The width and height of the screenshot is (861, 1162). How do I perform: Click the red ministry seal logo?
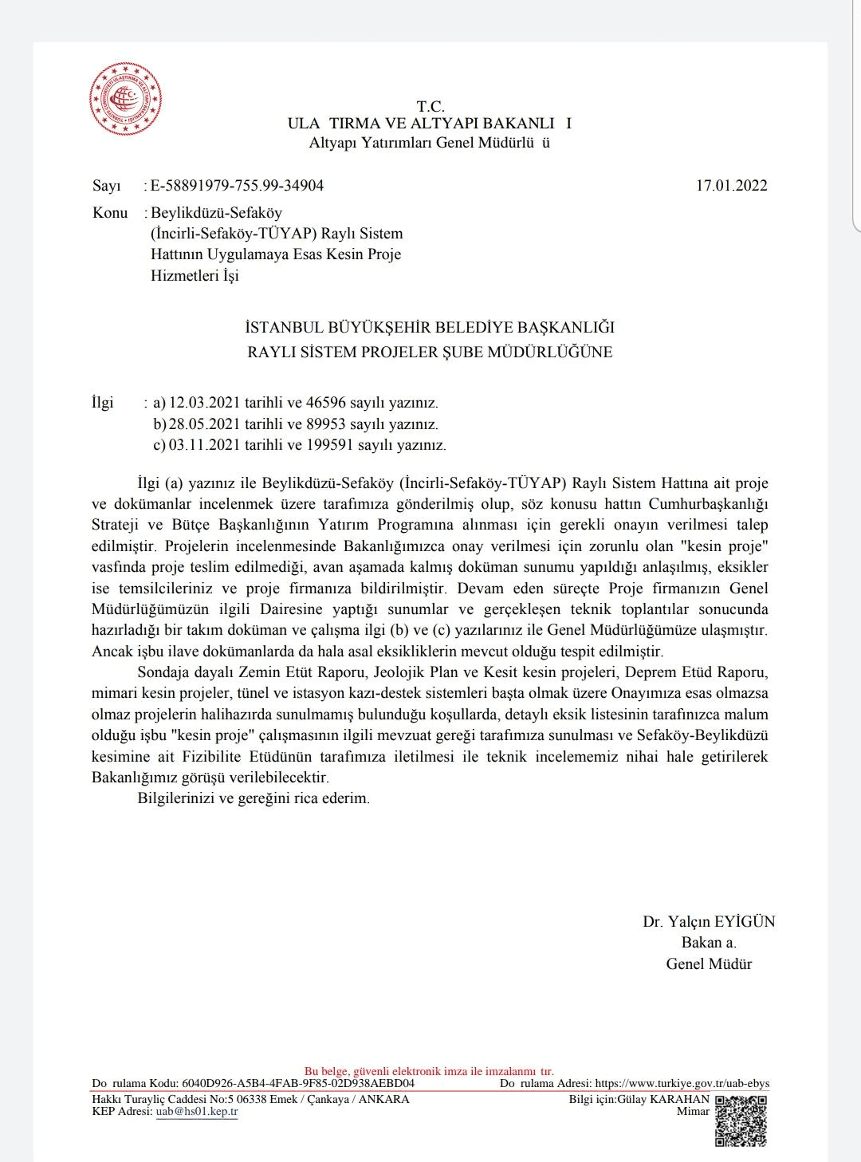pos(125,99)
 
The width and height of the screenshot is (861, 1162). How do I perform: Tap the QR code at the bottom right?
pos(741,1120)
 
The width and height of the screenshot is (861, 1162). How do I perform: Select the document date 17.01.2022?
pos(731,186)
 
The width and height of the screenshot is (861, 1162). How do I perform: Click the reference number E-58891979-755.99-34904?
pos(237,186)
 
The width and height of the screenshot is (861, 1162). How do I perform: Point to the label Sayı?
pos(107,186)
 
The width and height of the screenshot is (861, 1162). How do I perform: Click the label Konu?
pos(110,212)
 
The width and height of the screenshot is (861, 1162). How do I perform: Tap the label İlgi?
pos(103,402)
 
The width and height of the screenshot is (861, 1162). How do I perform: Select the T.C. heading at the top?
pos(430,106)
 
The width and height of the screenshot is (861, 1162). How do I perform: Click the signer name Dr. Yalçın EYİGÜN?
pos(709,921)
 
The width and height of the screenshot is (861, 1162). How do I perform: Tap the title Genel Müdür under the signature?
pos(709,963)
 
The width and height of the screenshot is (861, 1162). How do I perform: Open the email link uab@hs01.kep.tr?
pos(196,1111)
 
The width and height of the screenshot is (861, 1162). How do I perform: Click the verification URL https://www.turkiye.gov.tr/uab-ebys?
pos(682,1083)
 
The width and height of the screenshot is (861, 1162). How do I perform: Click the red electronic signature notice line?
pos(429,1071)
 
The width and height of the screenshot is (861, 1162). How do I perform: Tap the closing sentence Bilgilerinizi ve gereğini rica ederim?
pos(254,798)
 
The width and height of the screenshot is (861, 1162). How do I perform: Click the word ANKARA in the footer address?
pos(384,1099)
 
